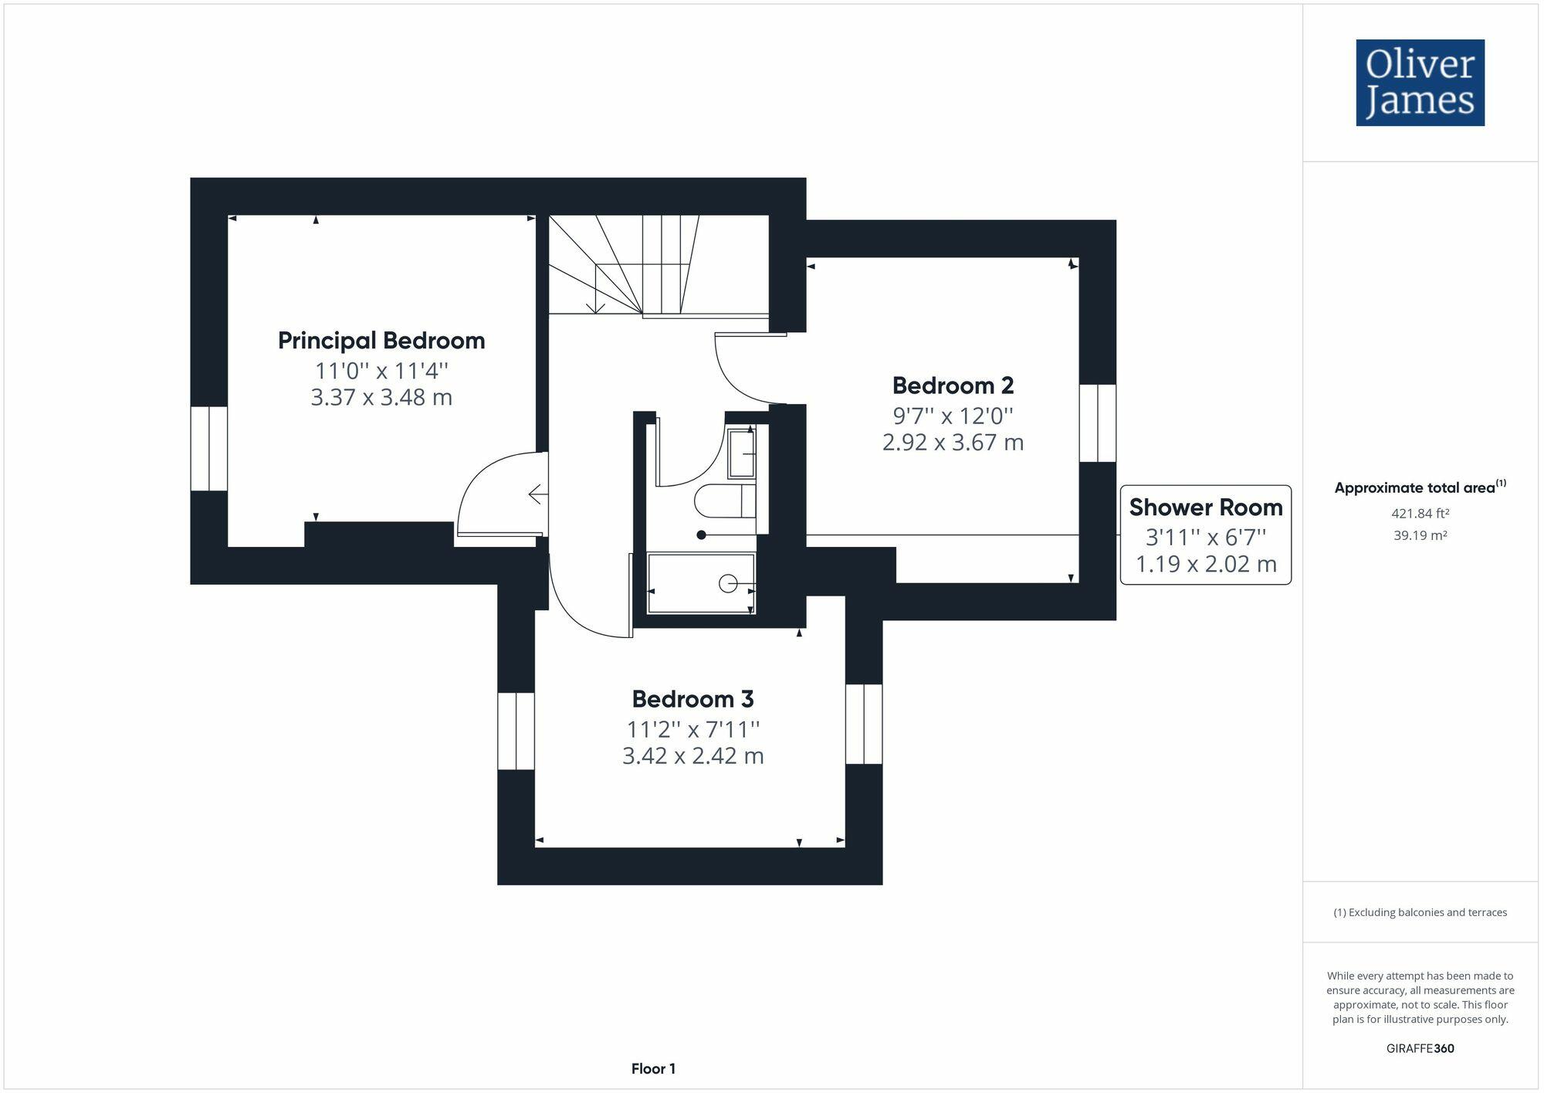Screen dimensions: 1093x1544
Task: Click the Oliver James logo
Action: (1420, 83)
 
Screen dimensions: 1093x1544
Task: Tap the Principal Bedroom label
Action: (381, 341)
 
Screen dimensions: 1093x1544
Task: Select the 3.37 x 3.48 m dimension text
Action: (381, 398)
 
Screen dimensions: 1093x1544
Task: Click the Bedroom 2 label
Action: (953, 385)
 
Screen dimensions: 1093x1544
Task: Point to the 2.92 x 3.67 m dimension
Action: (953, 443)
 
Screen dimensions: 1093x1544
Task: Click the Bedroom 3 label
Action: (692, 699)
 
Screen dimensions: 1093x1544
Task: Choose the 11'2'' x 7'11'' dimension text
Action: (692, 729)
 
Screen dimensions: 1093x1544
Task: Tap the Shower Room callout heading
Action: (1205, 507)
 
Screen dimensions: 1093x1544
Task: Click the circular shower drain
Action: (727, 584)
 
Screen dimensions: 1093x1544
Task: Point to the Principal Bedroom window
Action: (209, 449)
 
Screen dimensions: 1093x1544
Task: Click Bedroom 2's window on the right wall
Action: (1097, 423)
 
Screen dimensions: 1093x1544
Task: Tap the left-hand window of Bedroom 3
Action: (516, 731)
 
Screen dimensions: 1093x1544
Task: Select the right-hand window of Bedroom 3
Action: (864, 724)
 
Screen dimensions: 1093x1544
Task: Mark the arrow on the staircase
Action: (595, 306)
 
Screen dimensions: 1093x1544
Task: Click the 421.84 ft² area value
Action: (1420, 513)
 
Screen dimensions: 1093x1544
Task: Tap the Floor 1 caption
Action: (653, 1069)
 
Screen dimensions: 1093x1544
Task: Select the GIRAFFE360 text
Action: (1420, 1048)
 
